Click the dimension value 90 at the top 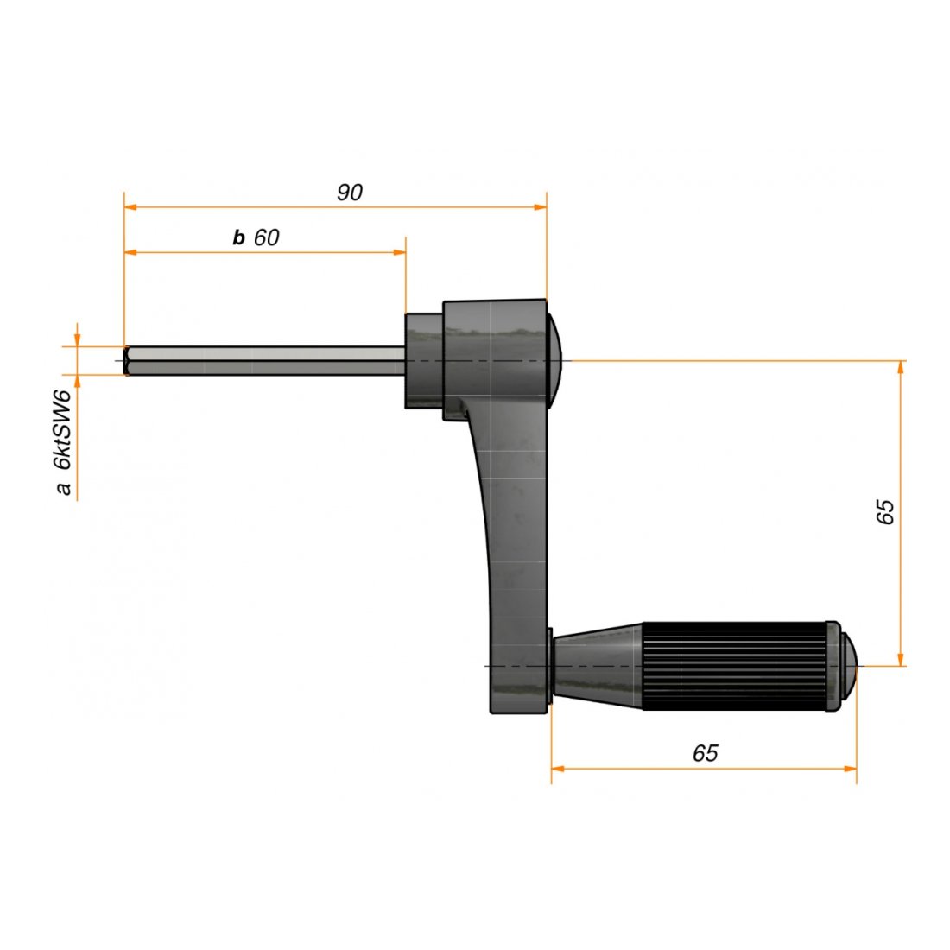click(x=349, y=193)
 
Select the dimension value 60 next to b click(x=267, y=237)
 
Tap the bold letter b click(x=239, y=238)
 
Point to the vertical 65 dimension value click(x=885, y=512)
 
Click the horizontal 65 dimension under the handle click(x=705, y=753)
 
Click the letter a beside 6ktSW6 click(x=62, y=489)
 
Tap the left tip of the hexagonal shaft click(x=128, y=360)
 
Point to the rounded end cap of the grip click(x=850, y=665)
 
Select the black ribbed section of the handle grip click(x=734, y=665)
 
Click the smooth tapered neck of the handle click(x=596, y=665)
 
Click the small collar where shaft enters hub click(x=424, y=360)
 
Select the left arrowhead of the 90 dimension click(x=130, y=207)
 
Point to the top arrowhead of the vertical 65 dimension click(x=901, y=366)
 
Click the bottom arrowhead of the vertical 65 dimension click(x=901, y=660)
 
